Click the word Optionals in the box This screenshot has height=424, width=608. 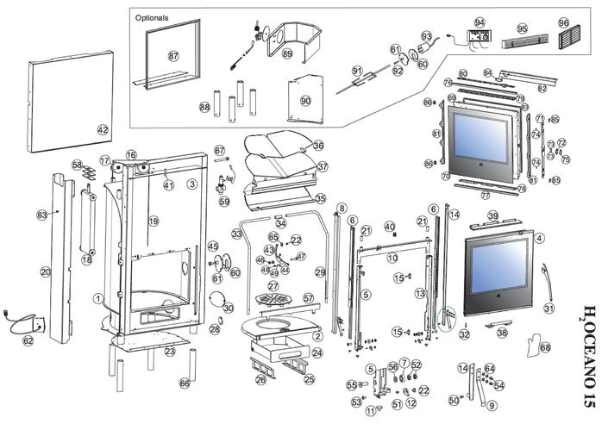pos(152,17)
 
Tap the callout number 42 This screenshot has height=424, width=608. pos(103,130)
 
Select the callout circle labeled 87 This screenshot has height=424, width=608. pos(173,56)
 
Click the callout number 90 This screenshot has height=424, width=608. pos(305,101)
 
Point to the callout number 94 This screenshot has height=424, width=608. pos(480,22)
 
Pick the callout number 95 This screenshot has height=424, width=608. pos(521,28)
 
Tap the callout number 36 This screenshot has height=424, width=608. pos(318,146)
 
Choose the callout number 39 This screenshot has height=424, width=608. pos(492,215)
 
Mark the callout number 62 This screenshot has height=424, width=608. pos(28,341)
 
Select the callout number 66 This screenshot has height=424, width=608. pos(184,383)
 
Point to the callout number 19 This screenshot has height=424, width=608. pos(154,221)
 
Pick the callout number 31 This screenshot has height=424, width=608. pos(549,308)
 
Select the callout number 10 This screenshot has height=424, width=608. pos(392,258)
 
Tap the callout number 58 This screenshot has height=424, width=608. pos(78,165)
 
